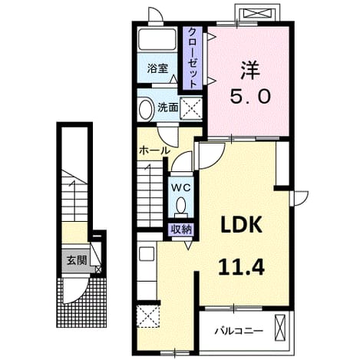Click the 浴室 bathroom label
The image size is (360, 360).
pyautogui.click(x=157, y=68)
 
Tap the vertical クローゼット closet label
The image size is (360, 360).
pyautogui.click(x=193, y=58)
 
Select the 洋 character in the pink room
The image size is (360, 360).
pyautogui.click(x=249, y=70)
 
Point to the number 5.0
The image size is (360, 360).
pyautogui.click(x=250, y=97)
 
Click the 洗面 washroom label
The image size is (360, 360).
pyautogui.click(x=168, y=107)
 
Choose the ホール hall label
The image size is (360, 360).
pyautogui.click(x=154, y=150)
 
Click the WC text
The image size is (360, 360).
pyautogui.click(x=181, y=188)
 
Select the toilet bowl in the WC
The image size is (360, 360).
pyautogui.click(x=181, y=206)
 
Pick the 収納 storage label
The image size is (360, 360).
pyautogui.click(x=181, y=230)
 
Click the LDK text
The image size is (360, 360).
pyautogui.click(x=242, y=224)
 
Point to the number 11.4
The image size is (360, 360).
pyautogui.click(x=241, y=266)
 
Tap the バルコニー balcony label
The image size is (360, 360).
pyautogui.click(x=239, y=331)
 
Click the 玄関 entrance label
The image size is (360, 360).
pyautogui.click(x=77, y=260)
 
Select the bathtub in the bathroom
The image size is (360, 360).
pyautogui.click(x=157, y=40)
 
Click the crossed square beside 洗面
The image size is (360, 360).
pyautogui.click(x=191, y=108)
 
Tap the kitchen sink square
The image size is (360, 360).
pyautogui.click(x=147, y=254)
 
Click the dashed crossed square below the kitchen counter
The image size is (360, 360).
pyautogui.click(x=148, y=316)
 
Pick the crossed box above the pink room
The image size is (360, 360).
pyautogui.click(x=256, y=12)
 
